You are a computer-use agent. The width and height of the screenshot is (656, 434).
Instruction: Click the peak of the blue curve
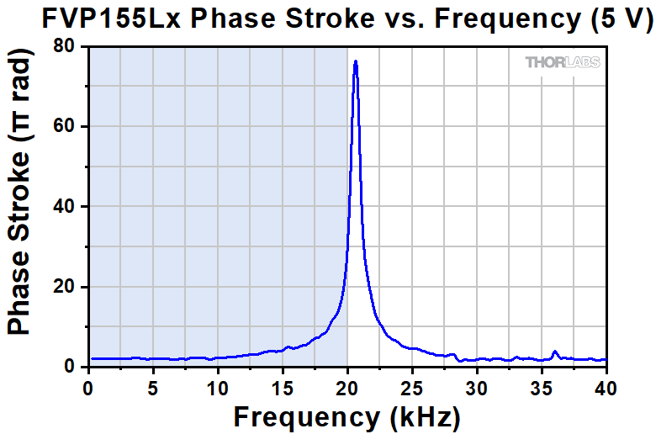click(x=356, y=61)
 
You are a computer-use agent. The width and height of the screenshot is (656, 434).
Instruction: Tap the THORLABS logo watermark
click(x=563, y=62)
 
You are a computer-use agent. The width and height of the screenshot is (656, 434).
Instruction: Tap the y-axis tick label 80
click(x=66, y=47)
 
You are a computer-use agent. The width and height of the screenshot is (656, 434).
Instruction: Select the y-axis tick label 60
click(x=66, y=127)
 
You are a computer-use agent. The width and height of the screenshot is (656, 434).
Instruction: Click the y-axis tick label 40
click(x=66, y=207)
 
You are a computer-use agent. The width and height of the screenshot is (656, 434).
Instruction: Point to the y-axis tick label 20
click(x=66, y=287)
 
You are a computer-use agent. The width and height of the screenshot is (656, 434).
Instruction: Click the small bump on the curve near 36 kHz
click(x=555, y=352)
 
